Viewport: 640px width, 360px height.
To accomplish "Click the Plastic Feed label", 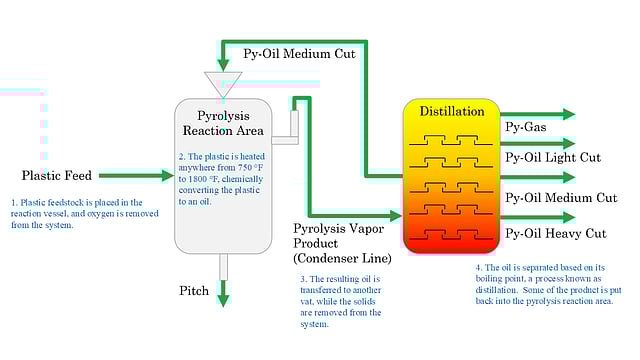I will pos(57,176).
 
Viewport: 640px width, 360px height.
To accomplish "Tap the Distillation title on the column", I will pos(452,111).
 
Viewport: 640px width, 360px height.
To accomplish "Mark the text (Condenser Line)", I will pos(342,258).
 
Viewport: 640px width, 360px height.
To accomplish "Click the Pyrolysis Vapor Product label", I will pos(341,236).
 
